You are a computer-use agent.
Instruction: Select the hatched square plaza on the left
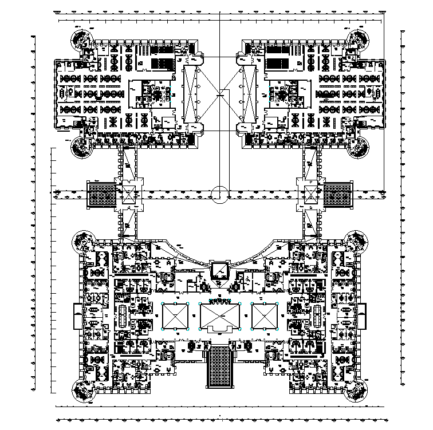pyautogui.click(x=102, y=195)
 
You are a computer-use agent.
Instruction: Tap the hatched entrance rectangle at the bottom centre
pyautogui.click(x=221, y=365)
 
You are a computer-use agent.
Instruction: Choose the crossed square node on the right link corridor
pyautogui.click(x=310, y=194)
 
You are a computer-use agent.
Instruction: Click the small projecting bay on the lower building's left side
pyautogui.click(x=77, y=316)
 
